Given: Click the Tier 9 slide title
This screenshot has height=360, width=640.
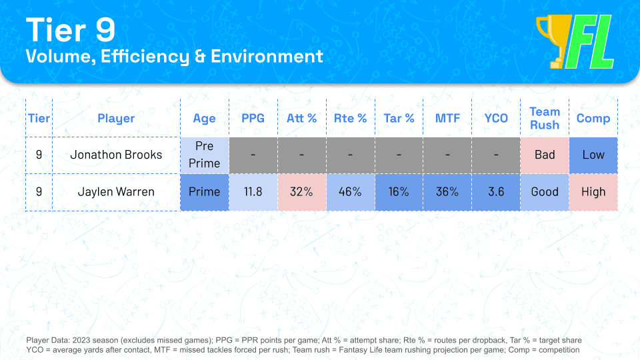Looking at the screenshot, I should [x=70, y=30].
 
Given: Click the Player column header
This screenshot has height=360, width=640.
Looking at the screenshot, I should [x=116, y=119].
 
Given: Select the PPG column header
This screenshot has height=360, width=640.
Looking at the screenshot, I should [x=253, y=119].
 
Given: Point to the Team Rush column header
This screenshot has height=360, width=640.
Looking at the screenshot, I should [x=544, y=119].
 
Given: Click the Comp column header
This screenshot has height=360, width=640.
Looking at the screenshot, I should [x=593, y=119].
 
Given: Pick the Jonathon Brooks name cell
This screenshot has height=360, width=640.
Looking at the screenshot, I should [x=116, y=155].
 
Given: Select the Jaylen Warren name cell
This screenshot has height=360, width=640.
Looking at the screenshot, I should [x=116, y=192].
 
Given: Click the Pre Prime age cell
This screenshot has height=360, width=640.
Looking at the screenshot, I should [x=204, y=155].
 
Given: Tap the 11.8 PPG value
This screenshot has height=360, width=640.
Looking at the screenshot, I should [x=253, y=192].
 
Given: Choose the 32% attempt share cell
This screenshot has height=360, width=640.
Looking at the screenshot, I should [x=301, y=192].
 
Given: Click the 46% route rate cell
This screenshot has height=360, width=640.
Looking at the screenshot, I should [x=350, y=192].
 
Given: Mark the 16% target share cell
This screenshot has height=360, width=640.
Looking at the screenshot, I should [x=399, y=192].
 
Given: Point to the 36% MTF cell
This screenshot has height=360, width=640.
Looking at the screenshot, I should [x=447, y=192].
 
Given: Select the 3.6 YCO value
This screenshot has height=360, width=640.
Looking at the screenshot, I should [x=496, y=192].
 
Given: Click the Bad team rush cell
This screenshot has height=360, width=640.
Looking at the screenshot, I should [x=544, y=155].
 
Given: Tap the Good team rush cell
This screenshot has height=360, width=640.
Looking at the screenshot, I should [x=544, y=192].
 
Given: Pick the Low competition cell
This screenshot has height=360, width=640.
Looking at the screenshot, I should [x=593, y=155].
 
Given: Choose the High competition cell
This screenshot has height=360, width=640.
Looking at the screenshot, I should [x=593, y=192].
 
